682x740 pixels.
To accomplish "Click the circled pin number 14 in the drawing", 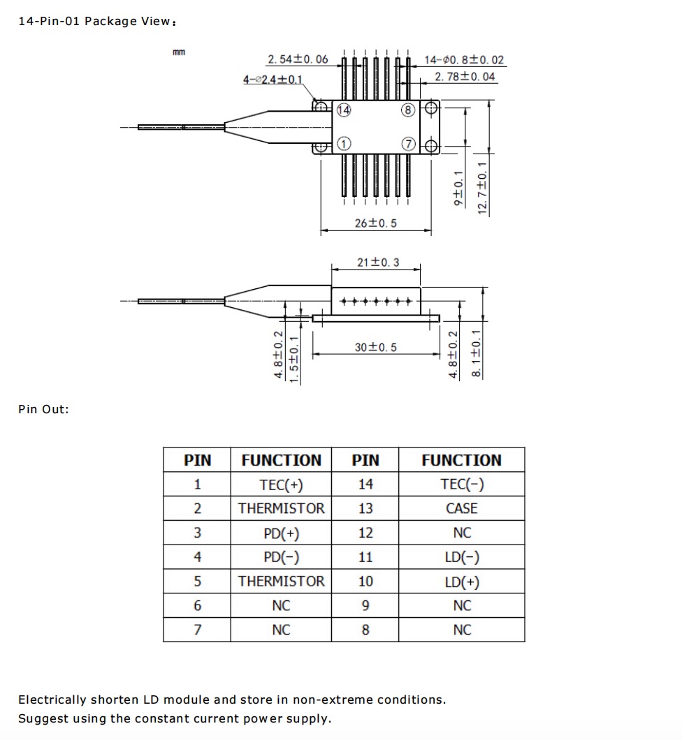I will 344,110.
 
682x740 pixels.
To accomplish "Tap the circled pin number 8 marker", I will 408,110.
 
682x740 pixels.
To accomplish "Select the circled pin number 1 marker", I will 344,144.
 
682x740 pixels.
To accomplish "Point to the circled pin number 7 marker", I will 408,144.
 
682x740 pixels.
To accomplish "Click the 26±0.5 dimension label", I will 376,223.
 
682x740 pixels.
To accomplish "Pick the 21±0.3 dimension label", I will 378,262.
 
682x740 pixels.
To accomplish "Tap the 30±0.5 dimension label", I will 375,347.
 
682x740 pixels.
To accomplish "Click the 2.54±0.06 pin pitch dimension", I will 298,59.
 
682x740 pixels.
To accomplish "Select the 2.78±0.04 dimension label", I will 465,77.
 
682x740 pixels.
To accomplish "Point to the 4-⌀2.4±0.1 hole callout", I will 273,80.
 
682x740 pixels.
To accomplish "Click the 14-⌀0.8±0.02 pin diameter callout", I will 464,60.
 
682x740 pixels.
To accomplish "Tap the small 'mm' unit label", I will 179,52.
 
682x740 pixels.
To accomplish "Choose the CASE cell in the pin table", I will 461,508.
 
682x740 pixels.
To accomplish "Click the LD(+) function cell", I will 461,582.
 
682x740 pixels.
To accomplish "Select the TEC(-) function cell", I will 461,484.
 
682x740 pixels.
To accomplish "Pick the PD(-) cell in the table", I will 281,557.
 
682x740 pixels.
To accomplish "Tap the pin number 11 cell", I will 365,557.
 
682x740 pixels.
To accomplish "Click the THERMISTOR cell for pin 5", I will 281,582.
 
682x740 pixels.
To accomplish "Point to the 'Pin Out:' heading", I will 43,409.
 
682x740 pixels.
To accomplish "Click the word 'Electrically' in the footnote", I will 52,700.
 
